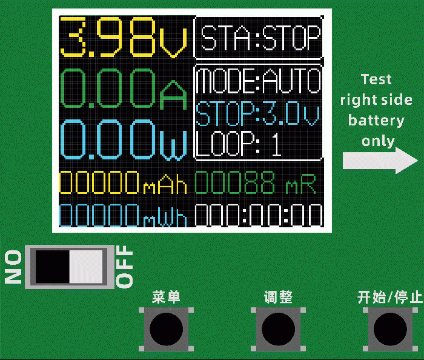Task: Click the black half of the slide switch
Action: [x=52, y=267]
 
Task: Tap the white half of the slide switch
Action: [x=88, y=267]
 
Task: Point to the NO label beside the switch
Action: [x=13, y=267]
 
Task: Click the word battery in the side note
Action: [x=376, y=121]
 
